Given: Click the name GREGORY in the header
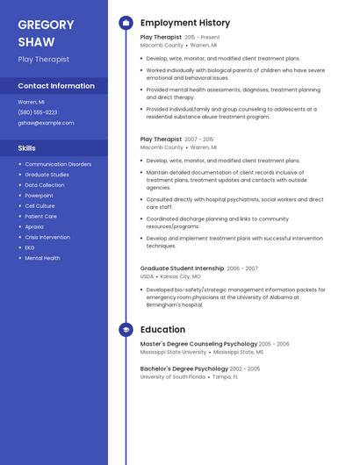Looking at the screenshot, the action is (47, 25).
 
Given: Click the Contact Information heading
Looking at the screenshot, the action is (56, 86).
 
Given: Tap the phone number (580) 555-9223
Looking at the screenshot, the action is (38, 112).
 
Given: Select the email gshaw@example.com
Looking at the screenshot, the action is (46, 123).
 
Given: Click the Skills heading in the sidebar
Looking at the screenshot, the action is (26, 148).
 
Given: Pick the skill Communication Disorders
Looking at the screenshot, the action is (58, 164).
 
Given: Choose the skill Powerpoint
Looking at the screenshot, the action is (39, 196).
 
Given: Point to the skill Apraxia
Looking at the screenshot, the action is (34, 226).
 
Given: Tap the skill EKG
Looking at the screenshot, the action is (30, 247).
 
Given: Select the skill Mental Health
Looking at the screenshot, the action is (42, 258).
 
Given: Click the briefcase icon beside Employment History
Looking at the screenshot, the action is (126, 23).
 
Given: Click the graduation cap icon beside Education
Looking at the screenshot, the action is (126, 330).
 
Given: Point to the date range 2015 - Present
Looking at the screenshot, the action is (202, 38).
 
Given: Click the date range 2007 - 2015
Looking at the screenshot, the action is (198, 139).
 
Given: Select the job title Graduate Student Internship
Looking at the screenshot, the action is (182, 268).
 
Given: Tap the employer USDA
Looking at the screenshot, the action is (147, 276).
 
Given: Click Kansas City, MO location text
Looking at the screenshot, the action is (180, 276).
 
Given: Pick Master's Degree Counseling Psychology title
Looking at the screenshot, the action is (198, 344).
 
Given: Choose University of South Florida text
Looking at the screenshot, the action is (172, 376).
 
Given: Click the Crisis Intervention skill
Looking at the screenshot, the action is (47, 237).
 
